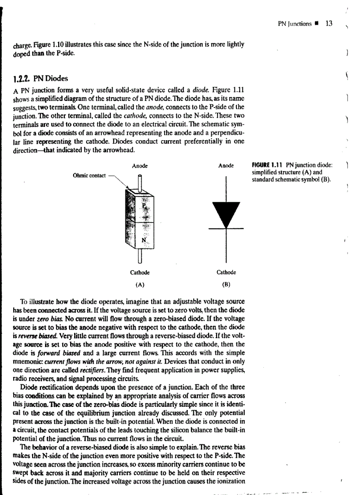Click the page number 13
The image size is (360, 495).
coord(329,23)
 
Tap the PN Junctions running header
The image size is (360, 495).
coord(295,24)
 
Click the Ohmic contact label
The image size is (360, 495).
coord(89,175)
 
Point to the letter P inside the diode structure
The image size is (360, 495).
coord(143,205)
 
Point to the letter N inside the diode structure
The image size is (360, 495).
coord(143,240)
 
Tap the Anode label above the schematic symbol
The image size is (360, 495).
coord(226,166)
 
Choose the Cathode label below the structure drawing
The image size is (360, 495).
coord(139,272)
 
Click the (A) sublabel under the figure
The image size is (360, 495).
coord(139,284)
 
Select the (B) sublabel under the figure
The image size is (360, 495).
coord(226,284)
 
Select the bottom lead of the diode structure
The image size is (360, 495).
coord(140,257)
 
